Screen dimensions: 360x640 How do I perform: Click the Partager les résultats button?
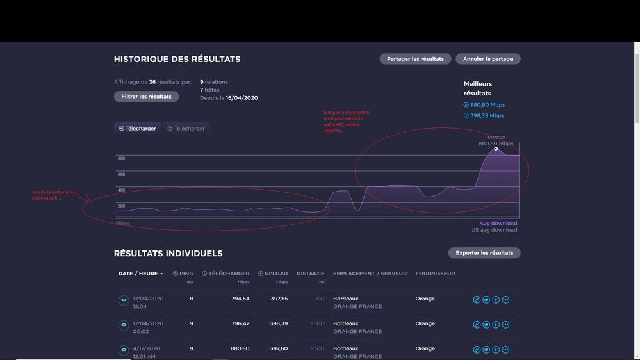tap(415, 59)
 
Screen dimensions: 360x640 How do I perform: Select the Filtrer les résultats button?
tap(146, 97)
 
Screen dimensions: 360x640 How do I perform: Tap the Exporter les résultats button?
tap(484, 253)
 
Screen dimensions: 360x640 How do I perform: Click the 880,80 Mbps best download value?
tap(488, 105)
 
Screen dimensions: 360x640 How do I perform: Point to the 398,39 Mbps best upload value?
tap(487, 116)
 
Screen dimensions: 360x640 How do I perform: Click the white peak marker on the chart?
tap(496, 149)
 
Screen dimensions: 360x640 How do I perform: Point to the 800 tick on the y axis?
tap(121, 158)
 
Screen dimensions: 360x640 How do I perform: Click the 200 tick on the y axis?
tap(121, 206)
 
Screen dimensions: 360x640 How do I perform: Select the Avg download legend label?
tap(498, 224)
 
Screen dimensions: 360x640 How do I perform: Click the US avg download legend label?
tap(494, 230)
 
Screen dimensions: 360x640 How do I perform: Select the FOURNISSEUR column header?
tap(435, 274)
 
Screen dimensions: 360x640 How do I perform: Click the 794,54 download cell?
tap(240, 299)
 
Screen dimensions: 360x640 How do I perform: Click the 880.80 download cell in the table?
tap(240, 348)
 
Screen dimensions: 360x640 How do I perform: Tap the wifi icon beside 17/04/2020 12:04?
tap(124, 300)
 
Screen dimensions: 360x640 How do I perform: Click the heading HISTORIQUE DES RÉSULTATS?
tap(177, 60)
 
